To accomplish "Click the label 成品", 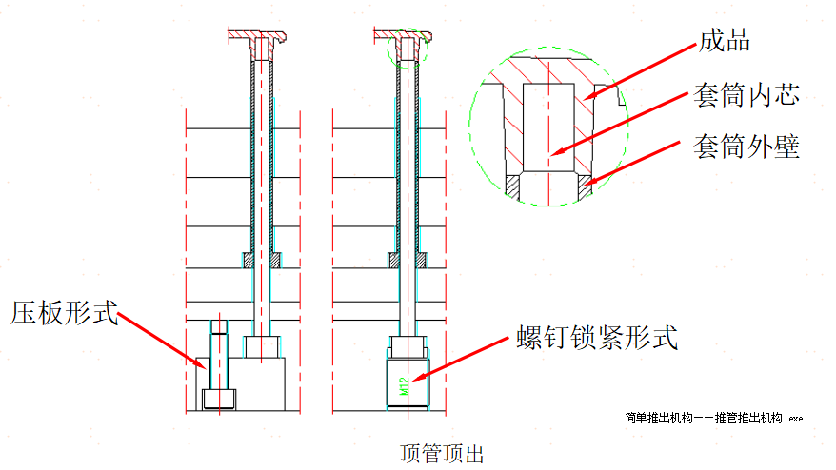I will (x=725, y=41).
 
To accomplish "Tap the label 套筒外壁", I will (x=746, y=147).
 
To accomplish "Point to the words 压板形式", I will (x=65, y=312).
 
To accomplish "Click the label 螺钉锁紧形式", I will (x=597, y=338).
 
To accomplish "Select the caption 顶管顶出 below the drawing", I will (x=442, y=453).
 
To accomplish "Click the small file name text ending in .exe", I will (x=714, y=418).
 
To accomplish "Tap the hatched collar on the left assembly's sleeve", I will (x=249, y=259).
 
